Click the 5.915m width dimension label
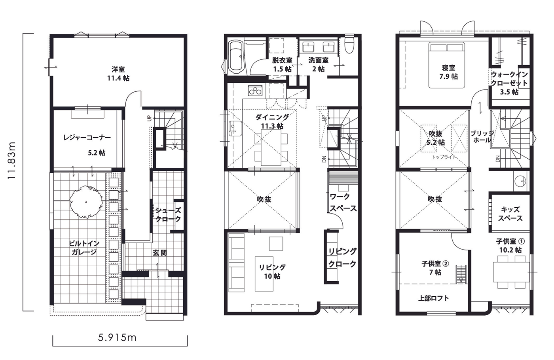tap(117, 337)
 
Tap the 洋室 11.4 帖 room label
tap(118, 74)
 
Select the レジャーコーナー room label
tap(87, 138)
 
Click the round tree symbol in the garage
tap(86, 202)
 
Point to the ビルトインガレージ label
tap(84, 248)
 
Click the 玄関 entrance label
tap(159, 253)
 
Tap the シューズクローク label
tap(168, 214)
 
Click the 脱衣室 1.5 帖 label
tap(282, 64)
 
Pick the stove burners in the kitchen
tap(255, 91)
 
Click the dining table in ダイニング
tap(271, 148)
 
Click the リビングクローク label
tap(342, 258)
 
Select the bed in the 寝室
tap(446, 65)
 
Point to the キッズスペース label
tap(510, 214)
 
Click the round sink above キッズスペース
tap(520, 181)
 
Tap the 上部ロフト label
tap(433, 298)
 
